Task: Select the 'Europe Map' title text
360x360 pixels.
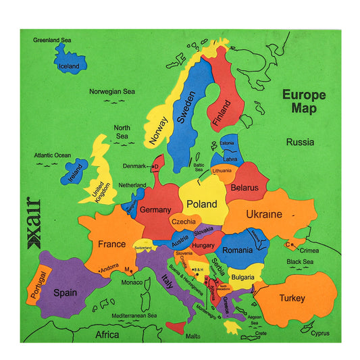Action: coord(303,101)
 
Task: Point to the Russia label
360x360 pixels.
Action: coord(300,143)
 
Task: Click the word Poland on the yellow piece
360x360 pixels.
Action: coord(201,204)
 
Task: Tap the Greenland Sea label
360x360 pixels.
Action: coord(52,40)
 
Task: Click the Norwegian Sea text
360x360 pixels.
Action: coord(112,91)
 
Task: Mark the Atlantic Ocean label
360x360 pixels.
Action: coord(53,155)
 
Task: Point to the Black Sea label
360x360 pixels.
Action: coord(299,262)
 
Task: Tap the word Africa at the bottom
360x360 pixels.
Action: coord(106,334)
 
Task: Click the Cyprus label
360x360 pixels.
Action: coord(320,332)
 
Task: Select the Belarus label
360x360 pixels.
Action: coord(245,187)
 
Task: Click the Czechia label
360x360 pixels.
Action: coord(183,221)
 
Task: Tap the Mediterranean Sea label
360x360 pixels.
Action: coord(134,315)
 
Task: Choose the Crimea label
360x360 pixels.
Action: coord(310,251)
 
